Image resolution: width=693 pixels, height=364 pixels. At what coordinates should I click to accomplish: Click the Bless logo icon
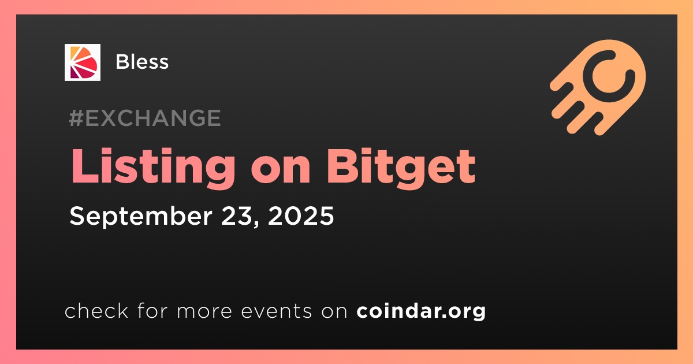[83, 62]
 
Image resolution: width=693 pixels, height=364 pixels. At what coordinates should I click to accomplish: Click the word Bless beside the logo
[142, 62]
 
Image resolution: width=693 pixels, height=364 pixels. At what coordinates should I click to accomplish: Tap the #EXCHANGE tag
[145, 118]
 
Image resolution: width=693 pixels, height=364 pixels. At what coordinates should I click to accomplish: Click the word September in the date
[141, 216]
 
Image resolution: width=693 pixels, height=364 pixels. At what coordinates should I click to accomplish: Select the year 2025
[301, 216]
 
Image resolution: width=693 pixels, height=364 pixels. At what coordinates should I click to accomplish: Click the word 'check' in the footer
[96, 310]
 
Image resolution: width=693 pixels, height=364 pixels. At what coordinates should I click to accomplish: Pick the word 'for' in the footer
[152, 310]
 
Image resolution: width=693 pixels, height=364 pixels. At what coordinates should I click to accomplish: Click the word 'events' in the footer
[276, 311]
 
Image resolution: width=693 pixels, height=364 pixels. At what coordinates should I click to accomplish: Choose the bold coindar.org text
[421, 311]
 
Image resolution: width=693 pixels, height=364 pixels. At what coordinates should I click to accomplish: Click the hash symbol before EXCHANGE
[76, 118]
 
